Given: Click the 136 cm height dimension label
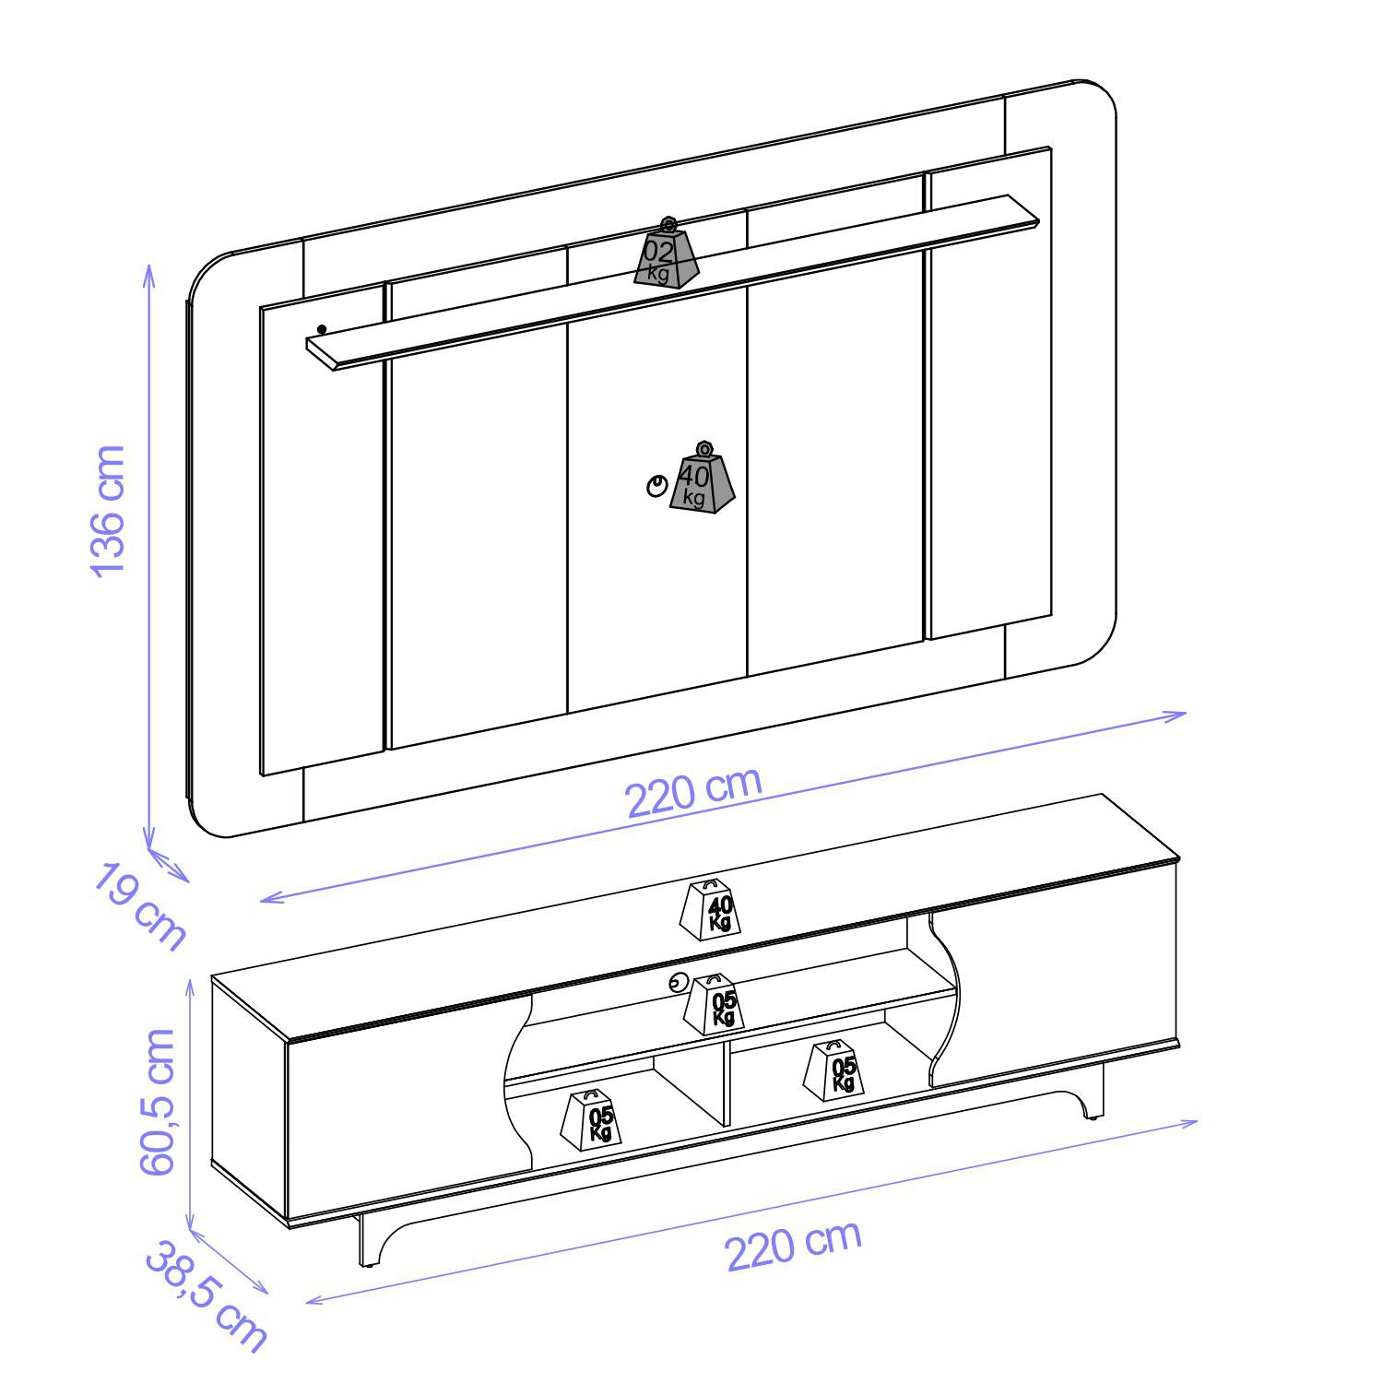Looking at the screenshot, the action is (108, 510).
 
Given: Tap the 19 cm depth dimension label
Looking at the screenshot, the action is (139, 907).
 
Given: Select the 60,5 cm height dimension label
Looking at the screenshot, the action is (158, 1102).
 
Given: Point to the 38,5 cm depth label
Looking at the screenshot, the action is (206, 1296).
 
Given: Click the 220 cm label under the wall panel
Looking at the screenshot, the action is (694, 791).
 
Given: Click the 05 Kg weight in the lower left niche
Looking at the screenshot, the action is (592, 1119).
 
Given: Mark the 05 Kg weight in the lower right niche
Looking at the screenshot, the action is (835, 1071).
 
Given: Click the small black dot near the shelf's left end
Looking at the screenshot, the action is (322, 329).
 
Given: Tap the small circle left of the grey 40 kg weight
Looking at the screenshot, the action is (656, 486).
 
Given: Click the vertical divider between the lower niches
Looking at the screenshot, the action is (728, 1084).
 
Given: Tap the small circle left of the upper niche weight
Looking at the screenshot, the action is (678, 983).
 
